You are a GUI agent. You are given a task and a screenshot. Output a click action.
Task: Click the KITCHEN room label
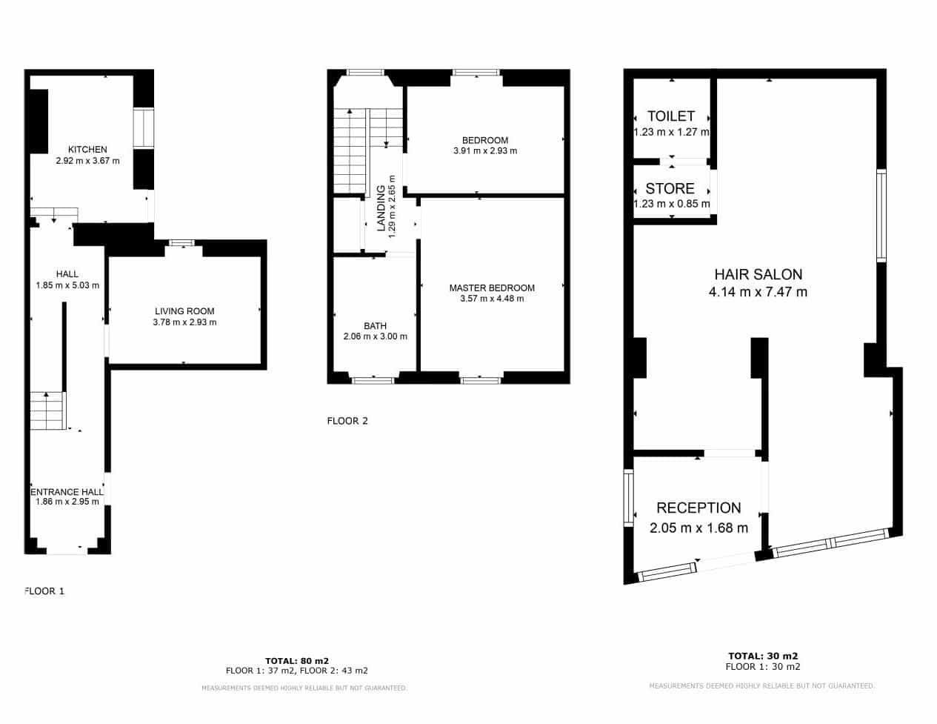tap(87, 150)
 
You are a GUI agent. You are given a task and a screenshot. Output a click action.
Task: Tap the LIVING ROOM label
tap(184, 311)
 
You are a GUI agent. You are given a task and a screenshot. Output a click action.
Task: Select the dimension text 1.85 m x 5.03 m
tap(67, 285)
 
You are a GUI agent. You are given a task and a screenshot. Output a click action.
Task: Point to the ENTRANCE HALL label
tap(67, 492)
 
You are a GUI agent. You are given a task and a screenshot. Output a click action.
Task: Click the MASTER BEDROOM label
tap(492, 288)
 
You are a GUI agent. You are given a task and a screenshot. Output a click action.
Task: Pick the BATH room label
tap(375, 326)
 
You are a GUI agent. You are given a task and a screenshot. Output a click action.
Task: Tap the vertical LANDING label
tap(381, 208)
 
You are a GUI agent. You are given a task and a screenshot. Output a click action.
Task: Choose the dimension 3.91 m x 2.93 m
tap(485, 151)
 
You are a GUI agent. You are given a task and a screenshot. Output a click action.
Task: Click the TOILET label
tap(671, 116)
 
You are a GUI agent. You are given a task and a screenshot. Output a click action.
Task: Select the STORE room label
tap(670, 189)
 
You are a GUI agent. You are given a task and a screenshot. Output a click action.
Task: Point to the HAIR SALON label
tap(758, 275)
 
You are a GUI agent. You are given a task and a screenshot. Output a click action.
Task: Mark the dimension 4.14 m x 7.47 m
tap(758, 293)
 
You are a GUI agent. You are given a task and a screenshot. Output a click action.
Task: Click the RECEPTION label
tap(698, 508)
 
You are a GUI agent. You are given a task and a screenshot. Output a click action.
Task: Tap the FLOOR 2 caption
tap(347, 422)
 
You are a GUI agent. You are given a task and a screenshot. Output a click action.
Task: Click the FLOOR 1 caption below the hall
tap(44, 591)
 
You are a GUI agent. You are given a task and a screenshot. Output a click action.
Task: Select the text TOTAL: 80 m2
tap(297, 661)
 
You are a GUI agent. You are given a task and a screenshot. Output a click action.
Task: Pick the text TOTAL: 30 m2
tap(763, 657)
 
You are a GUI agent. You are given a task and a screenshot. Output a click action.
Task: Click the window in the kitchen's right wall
tap(143, 128)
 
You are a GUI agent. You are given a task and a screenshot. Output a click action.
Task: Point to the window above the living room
tap(181, 243)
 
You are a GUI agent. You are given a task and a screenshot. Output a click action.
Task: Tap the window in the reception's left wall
tap(629, 498)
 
